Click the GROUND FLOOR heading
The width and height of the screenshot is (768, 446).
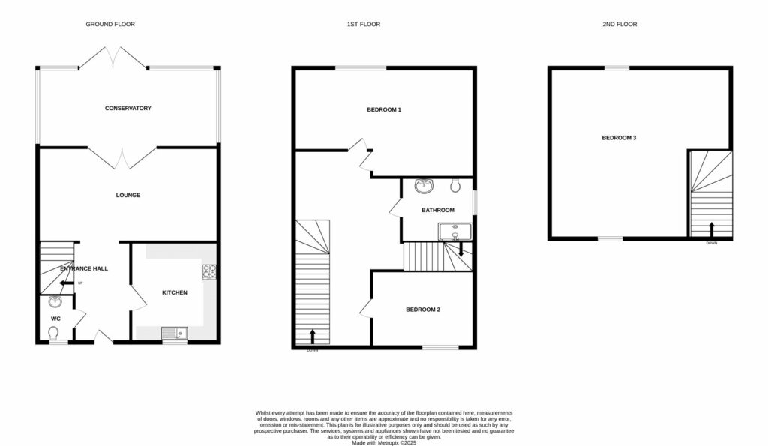tap(110, 25)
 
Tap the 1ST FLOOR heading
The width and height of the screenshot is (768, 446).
tap(363, 25)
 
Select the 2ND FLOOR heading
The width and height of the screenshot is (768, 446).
tap(619, 25)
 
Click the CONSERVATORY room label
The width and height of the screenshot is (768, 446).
tap(127, 109)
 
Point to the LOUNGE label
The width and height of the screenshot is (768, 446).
tap(127, 196)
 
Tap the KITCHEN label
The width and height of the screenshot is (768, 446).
tap(175, 292)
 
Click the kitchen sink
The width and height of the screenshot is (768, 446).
tap(175, 333)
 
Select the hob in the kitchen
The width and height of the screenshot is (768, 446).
tap(208, 271)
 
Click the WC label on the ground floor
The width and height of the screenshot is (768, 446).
tap(55, 319)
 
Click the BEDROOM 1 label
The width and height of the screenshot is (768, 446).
tap(384, 110)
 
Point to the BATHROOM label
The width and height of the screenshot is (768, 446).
tap(437, 210)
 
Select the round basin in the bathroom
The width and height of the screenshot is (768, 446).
tap(424, 186)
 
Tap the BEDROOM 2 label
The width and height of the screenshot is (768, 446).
tap(423, 310)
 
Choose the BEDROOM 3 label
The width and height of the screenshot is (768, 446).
tap(619, 138)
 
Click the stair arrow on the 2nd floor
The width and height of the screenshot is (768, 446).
tap(711, 227)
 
